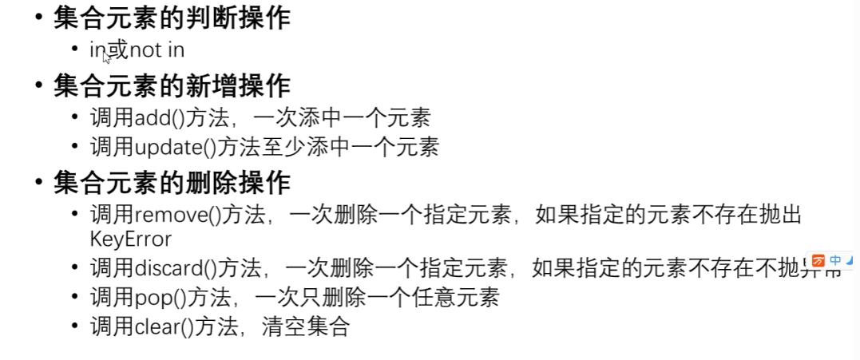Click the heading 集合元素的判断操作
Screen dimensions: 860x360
click(x=171, y=18)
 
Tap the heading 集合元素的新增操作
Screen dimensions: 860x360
click(x=171, y=85)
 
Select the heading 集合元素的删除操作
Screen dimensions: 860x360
click(x=171, y=184)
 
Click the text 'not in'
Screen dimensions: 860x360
click(x=157, y=49)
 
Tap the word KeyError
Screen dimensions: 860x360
click(x=130, y=239)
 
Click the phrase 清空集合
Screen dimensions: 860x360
click(x=305, y=326)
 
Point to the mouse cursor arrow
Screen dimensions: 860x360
click(x=106, y=55)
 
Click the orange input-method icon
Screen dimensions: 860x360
click(x=818, y=260)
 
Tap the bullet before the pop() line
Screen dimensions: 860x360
click(x=75, y=298)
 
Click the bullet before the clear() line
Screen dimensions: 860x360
click(x=75, y=326)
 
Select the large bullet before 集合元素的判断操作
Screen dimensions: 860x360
click(x=39, y=18)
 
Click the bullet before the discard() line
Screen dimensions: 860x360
click(x=75, y=268)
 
